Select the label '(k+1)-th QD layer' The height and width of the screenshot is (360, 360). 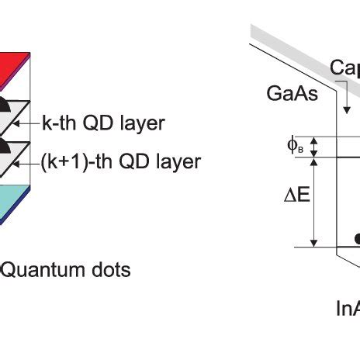coord(120,161)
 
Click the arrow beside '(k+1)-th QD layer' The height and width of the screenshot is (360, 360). coord(31,161)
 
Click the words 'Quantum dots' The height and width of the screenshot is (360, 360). coord(66,269)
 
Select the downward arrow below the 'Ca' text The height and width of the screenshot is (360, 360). coord(345,99)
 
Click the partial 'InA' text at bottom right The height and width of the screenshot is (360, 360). coord(347,308)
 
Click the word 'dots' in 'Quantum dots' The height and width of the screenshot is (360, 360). coord(110,269)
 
